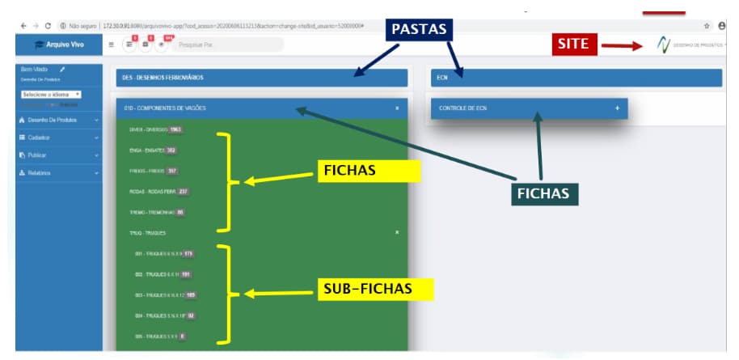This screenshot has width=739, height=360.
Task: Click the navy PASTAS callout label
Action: click(x=419, y=29)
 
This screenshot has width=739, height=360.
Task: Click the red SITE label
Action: click(x=575, y=44)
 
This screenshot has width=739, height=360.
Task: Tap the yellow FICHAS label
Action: click(x=372, y=172)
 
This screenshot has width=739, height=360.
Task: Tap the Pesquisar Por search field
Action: click(x=230, y=44)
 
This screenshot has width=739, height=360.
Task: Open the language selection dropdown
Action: click(x=52, y=95)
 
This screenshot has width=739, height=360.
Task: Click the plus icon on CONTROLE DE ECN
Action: click(x=617, y=108)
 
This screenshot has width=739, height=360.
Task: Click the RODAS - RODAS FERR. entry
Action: click(x=153, y=191)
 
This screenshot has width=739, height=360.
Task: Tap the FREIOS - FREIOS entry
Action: click(x=147, y=171)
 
